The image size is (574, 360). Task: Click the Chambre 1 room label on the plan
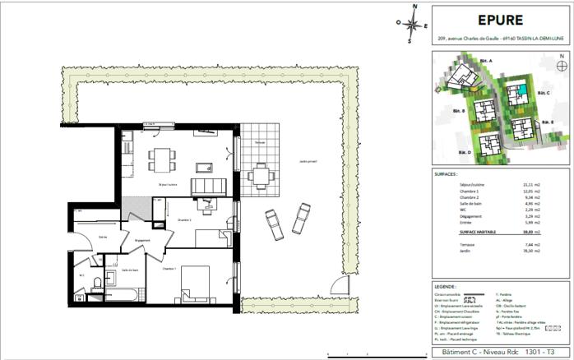169,269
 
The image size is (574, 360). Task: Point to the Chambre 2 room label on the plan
185,220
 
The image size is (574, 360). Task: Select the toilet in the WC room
97,283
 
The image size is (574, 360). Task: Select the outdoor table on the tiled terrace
262,173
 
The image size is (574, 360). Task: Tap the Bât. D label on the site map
464,154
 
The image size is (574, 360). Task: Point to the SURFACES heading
447,175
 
